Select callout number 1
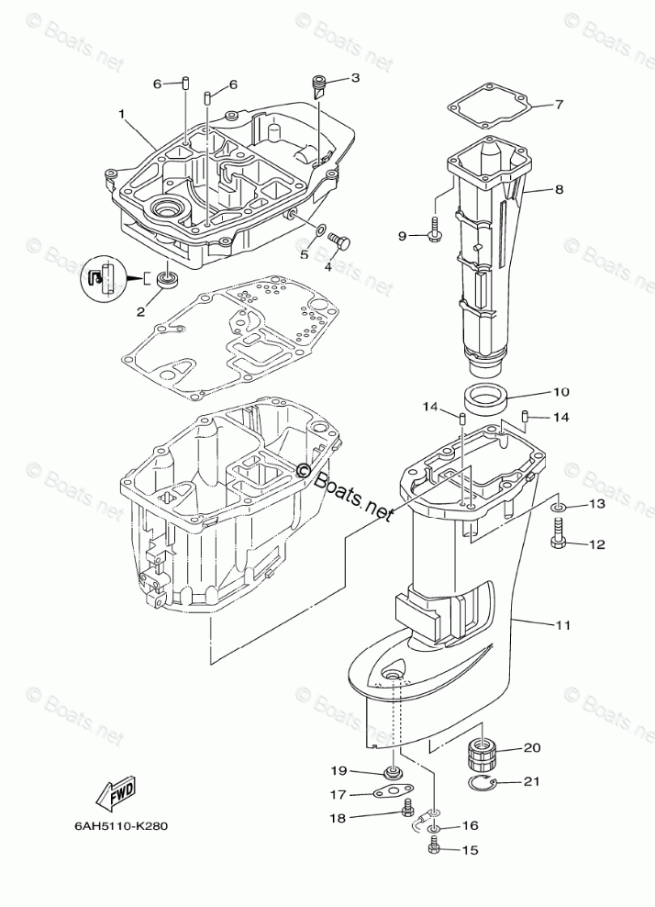click(120, 114)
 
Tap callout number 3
click(355, 79)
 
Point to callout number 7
click(559, 105)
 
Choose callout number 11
click(562, 625)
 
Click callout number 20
click(531, 747)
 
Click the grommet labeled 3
click(319, 86)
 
